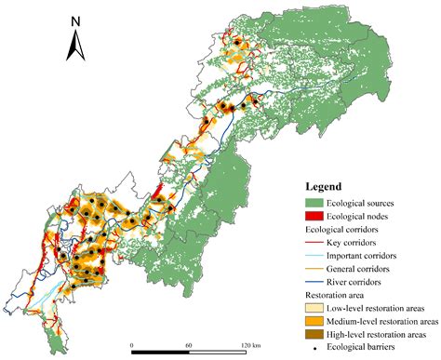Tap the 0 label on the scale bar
pyautogui.click(x=132, y=344)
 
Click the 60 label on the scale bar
pyautogui.click(x=189, y=344)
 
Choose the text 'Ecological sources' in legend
pyautogui.click(x=369, y=202)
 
